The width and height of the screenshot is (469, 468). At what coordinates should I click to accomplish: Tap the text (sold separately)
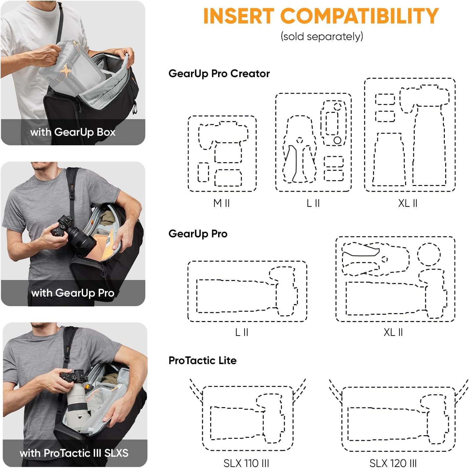click(x=322, y=36)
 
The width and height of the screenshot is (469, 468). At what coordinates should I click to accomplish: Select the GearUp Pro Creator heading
click(x=219, y=73)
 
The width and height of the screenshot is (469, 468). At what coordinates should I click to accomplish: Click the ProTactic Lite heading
click(x=202, y=360)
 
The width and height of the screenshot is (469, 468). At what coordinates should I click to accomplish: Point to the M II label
click(x=221, y=203)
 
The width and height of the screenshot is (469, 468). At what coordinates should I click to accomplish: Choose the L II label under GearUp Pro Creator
click(x=313, y=203)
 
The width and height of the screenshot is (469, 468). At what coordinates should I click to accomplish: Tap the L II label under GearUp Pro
click(x=241, y=332)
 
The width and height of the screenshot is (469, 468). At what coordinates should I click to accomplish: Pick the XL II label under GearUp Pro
click(x=393, y=332)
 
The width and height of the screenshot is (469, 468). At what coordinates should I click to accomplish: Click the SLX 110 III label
click(x=246, y=463)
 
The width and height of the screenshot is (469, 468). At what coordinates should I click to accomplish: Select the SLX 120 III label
click(x=393, y=463)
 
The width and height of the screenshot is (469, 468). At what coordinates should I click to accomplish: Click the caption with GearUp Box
click(x=73, y=132)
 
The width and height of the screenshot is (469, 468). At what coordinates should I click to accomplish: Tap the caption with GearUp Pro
click(x=73, y=293)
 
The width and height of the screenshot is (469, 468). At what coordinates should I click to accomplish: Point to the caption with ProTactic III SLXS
click(x=74, y=453)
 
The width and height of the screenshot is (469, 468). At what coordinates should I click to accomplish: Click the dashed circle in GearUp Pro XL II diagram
click(x=429, y=254)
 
